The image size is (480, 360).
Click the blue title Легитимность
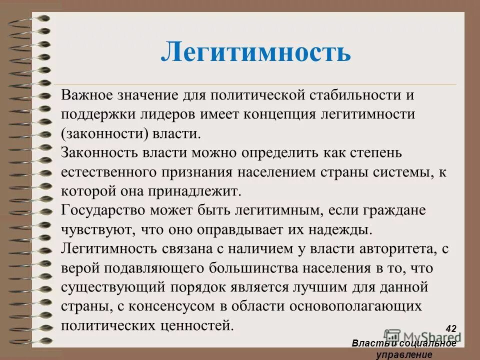(x=255, y=51)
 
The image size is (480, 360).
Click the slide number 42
(x=450, y=328)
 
